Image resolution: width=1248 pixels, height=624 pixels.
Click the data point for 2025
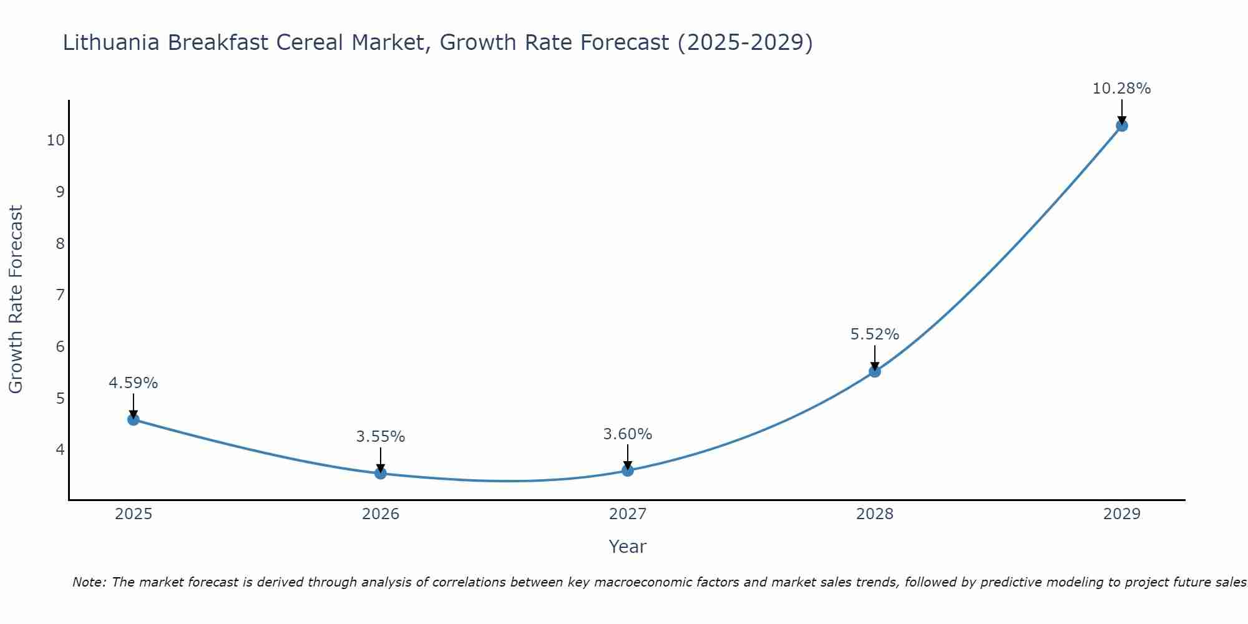coord(133,419)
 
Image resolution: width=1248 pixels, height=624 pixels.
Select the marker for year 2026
coord(381,473)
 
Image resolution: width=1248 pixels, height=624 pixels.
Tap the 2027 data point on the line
coord(628,470)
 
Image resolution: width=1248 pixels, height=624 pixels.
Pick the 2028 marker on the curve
coord(875,371)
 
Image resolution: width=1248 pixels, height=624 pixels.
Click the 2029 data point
coord(1121,125)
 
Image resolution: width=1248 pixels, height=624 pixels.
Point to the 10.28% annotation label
coord(1121,89)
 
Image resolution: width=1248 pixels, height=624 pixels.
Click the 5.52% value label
coord(875,334)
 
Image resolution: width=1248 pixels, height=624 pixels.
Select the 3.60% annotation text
coord(628,434)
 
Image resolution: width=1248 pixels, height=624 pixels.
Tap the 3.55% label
coord(381,437)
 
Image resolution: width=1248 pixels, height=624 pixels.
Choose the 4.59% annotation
coord(133,383)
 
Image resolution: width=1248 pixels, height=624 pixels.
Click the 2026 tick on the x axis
coord(381,514)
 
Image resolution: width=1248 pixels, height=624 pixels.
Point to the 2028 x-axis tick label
coord(875,514)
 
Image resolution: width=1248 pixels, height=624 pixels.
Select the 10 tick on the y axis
coord(56,140)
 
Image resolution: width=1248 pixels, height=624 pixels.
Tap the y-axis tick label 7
coord(60,295)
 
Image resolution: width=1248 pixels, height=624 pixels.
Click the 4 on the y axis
coord(60,449)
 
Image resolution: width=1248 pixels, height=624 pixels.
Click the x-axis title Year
coord(627,547)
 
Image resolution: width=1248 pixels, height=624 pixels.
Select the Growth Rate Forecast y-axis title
coord(16,299)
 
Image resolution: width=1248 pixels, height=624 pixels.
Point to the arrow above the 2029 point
coord(1121,111)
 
